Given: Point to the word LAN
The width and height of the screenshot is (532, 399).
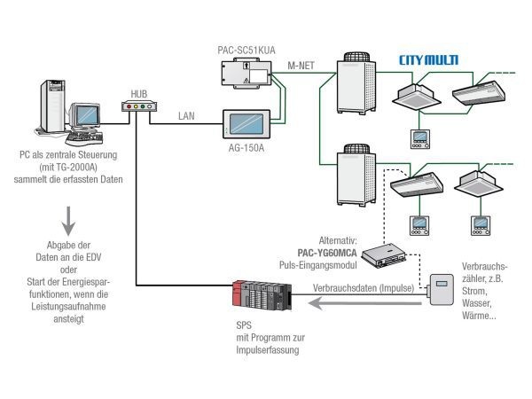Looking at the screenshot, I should coord(186,116).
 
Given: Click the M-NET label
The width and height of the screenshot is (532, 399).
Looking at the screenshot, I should coord(302,66).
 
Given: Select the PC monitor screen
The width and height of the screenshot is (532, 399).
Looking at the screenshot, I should coord(85,115).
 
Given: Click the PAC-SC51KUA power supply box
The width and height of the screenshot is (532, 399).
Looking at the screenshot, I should coord(248,77).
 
